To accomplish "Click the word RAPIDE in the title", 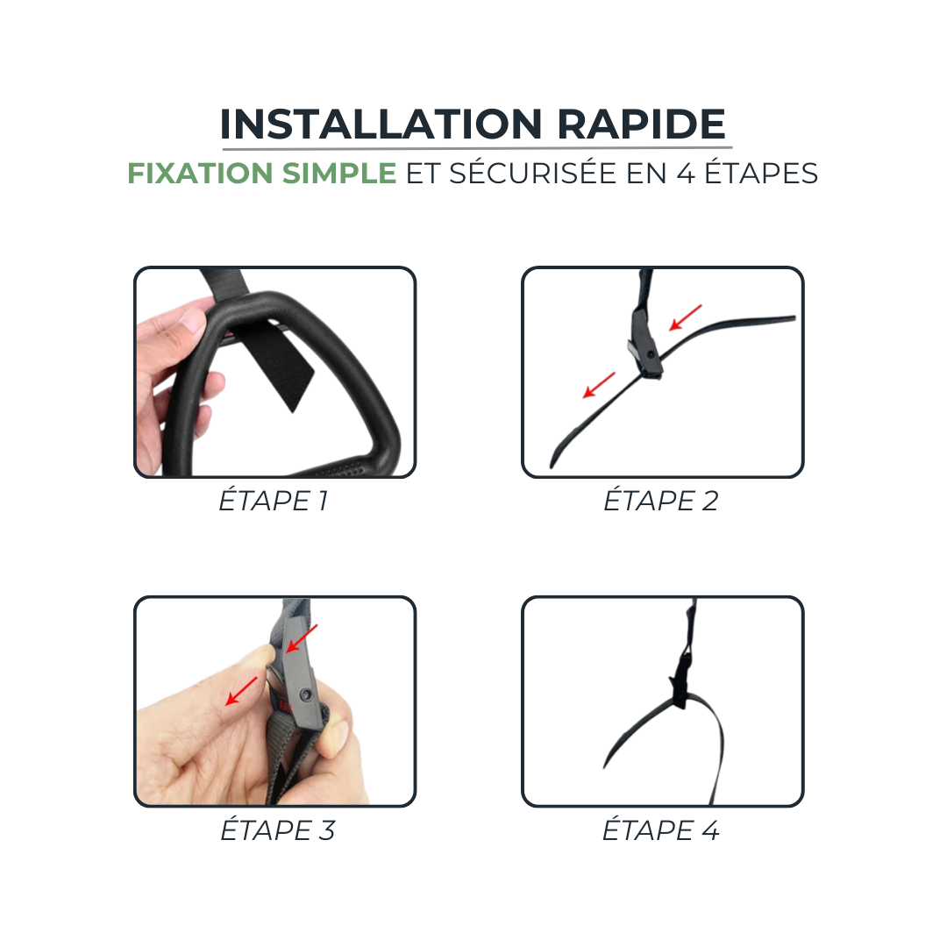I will click(x=642, y=125).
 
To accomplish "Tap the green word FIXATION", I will click(x=201, y=174).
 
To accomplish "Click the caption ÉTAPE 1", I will click(x=274, y=502).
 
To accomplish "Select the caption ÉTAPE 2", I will click(x=661, y=502).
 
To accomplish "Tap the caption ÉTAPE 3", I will click(x=277, y=830).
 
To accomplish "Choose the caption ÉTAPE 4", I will click(x=661, y=830).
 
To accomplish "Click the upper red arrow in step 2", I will click(x=686, y=317).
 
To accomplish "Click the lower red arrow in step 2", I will click(x=599, y=385).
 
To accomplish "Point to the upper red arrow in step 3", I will click(x=303, y=638).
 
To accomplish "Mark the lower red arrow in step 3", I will click(x=242, y=690).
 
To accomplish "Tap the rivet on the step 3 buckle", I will click(x=305, y=694).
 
